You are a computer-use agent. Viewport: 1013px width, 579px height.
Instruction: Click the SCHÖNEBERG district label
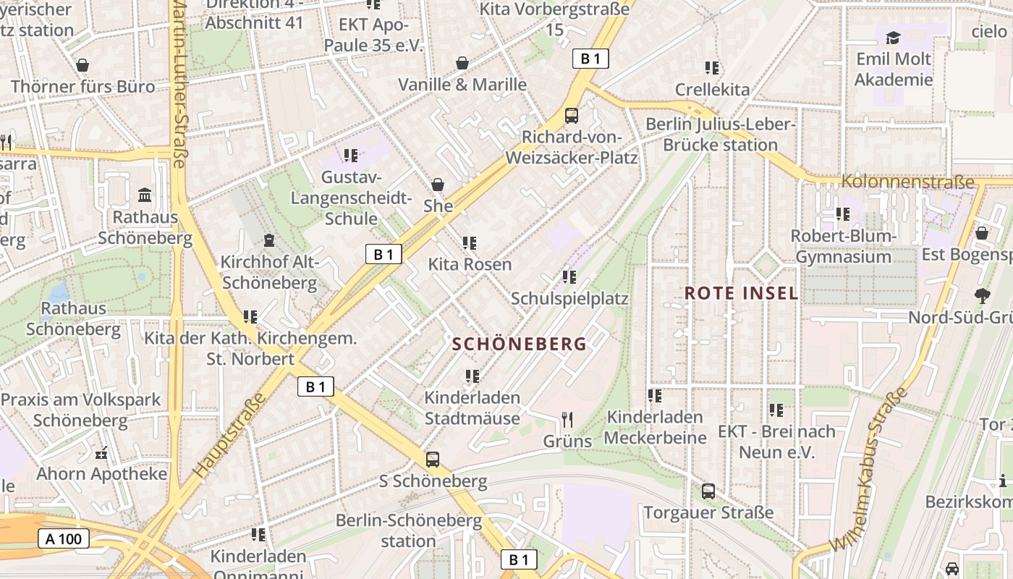coord(520,345)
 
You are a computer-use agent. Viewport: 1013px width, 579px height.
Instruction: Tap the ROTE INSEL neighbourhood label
coord(742,293)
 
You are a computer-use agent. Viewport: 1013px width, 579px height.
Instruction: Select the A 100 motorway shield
coord(64,538)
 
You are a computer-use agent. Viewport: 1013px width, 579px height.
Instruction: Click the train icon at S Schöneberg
coord(433,460)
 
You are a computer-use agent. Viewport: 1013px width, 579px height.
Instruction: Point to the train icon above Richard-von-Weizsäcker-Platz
coord(572,116)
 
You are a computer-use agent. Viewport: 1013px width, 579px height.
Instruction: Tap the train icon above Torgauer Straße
coord(708,491)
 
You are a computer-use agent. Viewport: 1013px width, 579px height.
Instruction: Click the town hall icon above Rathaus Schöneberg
coord(145,195)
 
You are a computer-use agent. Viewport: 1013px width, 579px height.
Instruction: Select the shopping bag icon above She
coord(438,185)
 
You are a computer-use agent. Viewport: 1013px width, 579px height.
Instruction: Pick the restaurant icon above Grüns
coord(567,420)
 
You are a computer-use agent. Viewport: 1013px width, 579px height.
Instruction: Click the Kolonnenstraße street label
coord(908,182)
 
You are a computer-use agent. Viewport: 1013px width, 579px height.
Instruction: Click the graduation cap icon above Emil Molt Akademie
coord(894,38)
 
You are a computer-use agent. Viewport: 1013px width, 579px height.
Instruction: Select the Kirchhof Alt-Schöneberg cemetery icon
coord(269,240)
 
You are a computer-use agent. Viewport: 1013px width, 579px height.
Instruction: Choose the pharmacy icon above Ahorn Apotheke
coord(101,454)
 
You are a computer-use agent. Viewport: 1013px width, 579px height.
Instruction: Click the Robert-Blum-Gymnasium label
coord(843,246)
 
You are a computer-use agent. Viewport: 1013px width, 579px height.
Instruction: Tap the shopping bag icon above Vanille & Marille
coord(462,64)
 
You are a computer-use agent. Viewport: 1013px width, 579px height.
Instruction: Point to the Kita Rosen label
coord(470,264)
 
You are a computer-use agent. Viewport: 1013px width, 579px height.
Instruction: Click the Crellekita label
coord(712,89)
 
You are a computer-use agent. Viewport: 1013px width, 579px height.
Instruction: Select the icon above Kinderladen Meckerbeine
coord(655,396)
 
